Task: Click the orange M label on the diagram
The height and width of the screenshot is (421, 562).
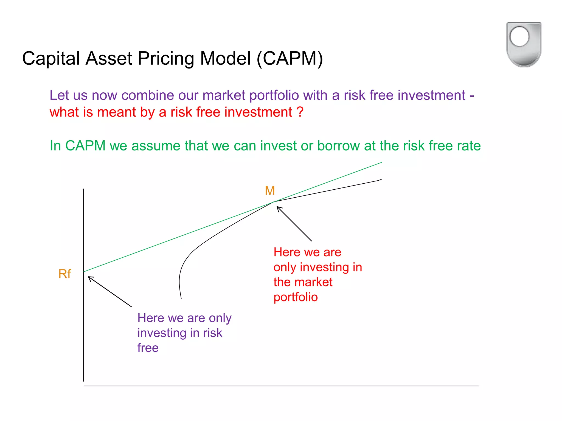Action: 270,190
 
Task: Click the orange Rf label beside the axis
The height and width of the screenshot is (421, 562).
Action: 65,274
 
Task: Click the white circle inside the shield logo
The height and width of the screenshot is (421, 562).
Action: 519,36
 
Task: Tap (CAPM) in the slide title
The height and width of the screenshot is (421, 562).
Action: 290,58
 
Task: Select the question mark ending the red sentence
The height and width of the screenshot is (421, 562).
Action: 300,112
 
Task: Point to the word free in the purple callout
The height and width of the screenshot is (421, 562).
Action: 148,348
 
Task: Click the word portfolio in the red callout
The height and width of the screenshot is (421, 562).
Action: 296,297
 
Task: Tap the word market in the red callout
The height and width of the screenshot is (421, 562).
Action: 316,282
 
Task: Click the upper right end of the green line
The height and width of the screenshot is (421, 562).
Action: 381,163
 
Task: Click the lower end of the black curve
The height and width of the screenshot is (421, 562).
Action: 181,298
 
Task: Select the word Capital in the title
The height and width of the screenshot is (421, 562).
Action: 51,58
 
